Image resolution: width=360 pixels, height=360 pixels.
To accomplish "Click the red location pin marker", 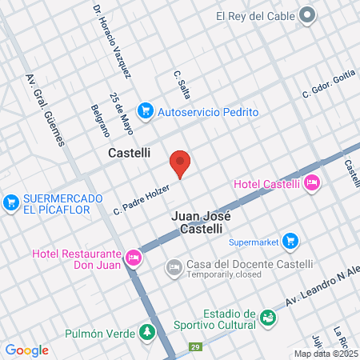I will [180, 162].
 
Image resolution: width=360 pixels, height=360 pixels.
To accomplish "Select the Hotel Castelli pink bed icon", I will [313, 183].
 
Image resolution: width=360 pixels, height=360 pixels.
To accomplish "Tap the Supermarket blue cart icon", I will [290, 240].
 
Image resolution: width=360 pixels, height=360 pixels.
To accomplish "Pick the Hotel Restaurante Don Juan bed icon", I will [134, 258].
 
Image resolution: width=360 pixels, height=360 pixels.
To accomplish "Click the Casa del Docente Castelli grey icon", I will [174, 266].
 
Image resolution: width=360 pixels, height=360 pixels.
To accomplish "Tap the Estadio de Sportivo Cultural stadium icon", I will [269, 318].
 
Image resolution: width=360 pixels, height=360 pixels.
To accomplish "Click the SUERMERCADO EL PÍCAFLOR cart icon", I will [11, 203].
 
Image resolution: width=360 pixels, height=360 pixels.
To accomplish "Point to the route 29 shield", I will [195, 346].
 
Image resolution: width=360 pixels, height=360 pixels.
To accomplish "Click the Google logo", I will [26, 350].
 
